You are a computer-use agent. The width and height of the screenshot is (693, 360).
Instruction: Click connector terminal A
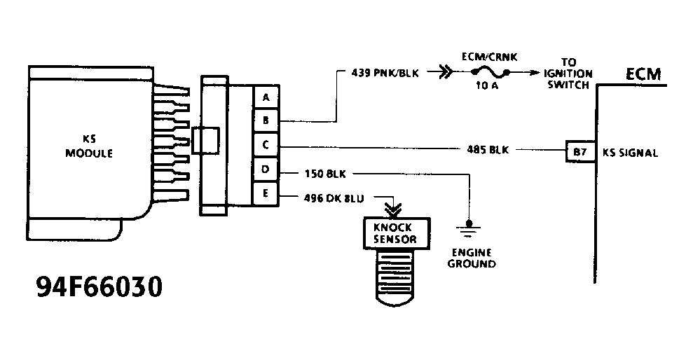point(266,97)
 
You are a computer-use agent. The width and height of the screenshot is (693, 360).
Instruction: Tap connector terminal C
point(266,146)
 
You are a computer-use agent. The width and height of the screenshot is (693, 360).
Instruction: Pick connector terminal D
point(266,170)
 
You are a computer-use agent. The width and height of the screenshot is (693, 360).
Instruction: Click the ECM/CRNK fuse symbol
point(490,72)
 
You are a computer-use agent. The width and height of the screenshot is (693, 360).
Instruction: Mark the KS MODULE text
point(88,147)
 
